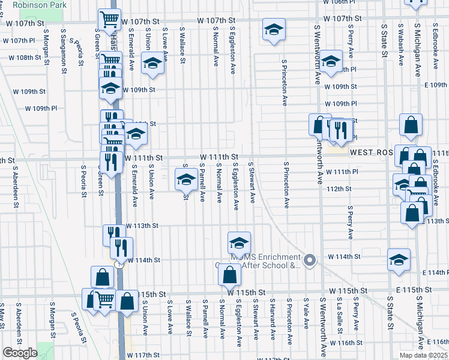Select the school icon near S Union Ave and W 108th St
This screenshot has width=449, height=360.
tap(152, 63)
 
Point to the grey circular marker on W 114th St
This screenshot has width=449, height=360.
tap(310, 259)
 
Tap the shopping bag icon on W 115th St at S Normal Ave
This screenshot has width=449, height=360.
tap(229, 276)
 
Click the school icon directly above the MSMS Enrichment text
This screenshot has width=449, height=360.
tap(238, 244)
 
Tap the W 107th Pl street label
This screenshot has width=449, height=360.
tap(19, 41)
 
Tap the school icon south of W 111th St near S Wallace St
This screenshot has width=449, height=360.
tap(185, 179)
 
